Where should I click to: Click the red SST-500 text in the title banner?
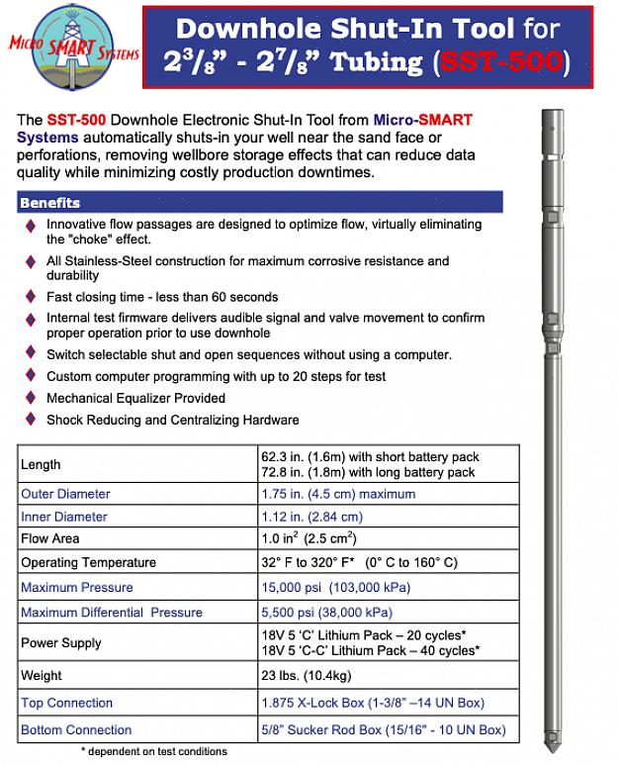(x=500, y=62)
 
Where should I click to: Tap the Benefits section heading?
(x=50, y=203)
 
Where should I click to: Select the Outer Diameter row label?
(x=65, y=494)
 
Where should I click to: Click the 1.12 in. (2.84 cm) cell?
(x=311, y=517)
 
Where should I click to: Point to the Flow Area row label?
(x=50, y=539)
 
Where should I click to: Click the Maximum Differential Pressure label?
(x=111, y=613)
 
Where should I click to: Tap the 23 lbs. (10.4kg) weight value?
(x=307, y=676)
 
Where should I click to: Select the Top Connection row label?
(x=67, y=704)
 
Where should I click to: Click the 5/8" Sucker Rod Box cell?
(x=383, y=730)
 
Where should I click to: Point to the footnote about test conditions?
(x=153, y=752)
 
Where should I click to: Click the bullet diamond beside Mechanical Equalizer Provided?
(x=31, y=399)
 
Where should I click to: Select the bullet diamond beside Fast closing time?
(x=31, y=298)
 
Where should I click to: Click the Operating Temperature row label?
(x=88, y=563)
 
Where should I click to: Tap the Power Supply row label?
(x=61, y=643)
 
